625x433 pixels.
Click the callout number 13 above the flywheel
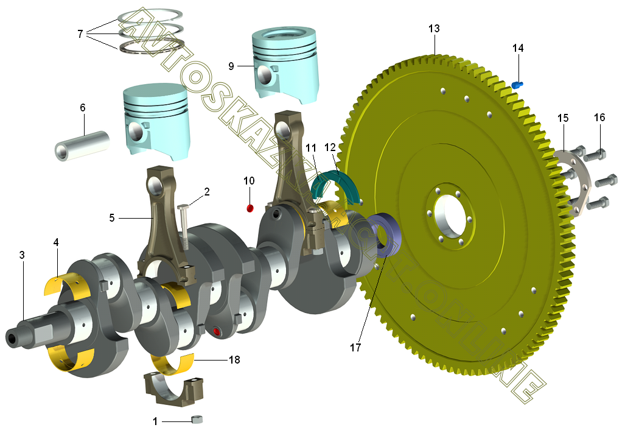point(434,29)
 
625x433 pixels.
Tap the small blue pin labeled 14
point(517,85)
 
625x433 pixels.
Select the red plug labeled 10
point(250,208)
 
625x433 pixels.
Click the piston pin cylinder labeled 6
point(82,146)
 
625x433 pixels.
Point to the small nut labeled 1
point(197,419)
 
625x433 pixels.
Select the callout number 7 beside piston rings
point(80,34)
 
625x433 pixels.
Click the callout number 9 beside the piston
point(231,66)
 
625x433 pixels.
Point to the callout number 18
point(234,360)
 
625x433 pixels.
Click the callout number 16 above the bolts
point(599,118)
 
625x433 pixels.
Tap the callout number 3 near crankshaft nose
point(22,255)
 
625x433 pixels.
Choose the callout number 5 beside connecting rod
point(112,218)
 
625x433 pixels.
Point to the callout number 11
point(312,149)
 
